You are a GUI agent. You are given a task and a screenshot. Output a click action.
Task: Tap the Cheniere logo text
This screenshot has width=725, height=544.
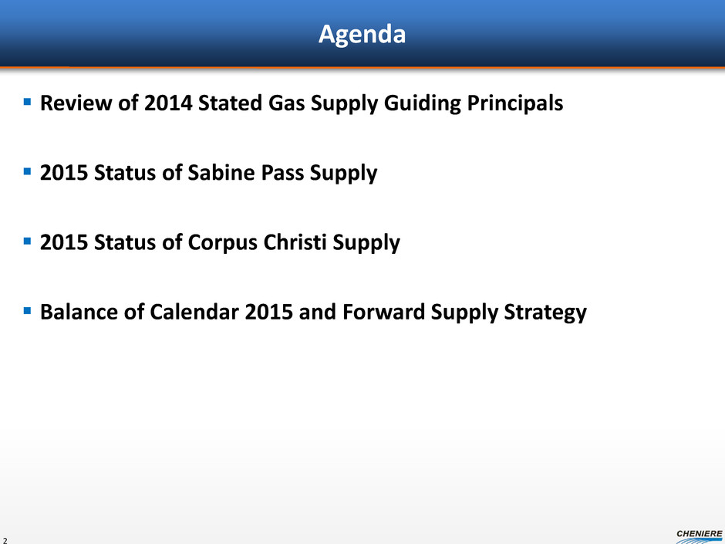(x=699, y=534)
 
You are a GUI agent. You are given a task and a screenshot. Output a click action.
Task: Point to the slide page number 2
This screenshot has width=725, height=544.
(x=5, y=540)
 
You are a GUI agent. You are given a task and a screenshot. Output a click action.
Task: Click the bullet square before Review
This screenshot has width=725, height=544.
(x=27, y=101)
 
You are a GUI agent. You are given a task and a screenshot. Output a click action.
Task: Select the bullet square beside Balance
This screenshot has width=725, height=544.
(x=27, y=310)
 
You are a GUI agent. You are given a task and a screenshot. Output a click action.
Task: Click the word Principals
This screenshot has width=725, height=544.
(x=515, y=103)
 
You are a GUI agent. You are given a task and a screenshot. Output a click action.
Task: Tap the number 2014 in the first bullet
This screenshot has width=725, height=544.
(x=168, y=103)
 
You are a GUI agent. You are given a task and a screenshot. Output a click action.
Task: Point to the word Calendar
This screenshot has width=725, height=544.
(x=194, y=311)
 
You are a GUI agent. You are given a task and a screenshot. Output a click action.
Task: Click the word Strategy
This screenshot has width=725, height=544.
(x=545, y=313)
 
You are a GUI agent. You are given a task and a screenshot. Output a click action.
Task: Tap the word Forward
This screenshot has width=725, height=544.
(x=384, y=311)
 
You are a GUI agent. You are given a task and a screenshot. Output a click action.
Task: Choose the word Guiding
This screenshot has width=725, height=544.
(x=423, y=103)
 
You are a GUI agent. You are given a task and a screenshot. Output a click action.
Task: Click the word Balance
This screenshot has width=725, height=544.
(x=79, y=311)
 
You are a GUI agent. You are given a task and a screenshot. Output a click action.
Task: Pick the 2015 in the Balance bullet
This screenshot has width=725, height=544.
(x=268, y=311)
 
